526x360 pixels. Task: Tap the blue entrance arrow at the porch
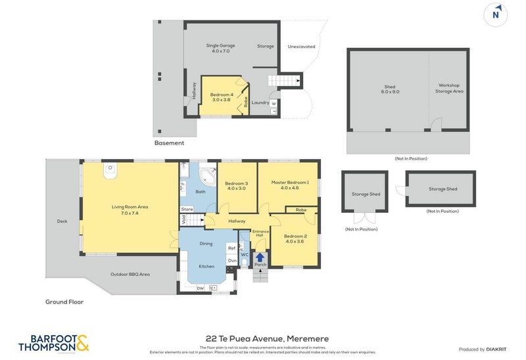click(260, 258)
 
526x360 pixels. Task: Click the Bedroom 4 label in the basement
click(222, 97)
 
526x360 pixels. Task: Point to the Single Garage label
click(221, 48)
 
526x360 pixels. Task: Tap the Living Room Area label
click(130, 210)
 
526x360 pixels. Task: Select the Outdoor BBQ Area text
click(131, 274)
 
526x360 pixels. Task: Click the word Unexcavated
click(301, 47)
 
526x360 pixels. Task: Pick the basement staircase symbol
click(283, 81)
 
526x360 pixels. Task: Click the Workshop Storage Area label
click(449, 88)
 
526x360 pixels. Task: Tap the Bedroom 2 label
click(295, 238)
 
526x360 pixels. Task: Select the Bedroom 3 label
click(236, 186)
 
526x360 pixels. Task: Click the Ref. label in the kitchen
click(231, 248)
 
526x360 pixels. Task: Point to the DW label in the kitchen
click(199, 287)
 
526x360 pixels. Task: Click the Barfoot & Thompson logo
click(53, 344)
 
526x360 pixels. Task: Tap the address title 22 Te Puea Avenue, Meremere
click(266, 338)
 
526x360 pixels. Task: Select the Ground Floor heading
click(64, 302)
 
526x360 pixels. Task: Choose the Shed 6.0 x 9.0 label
click(389, 89)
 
